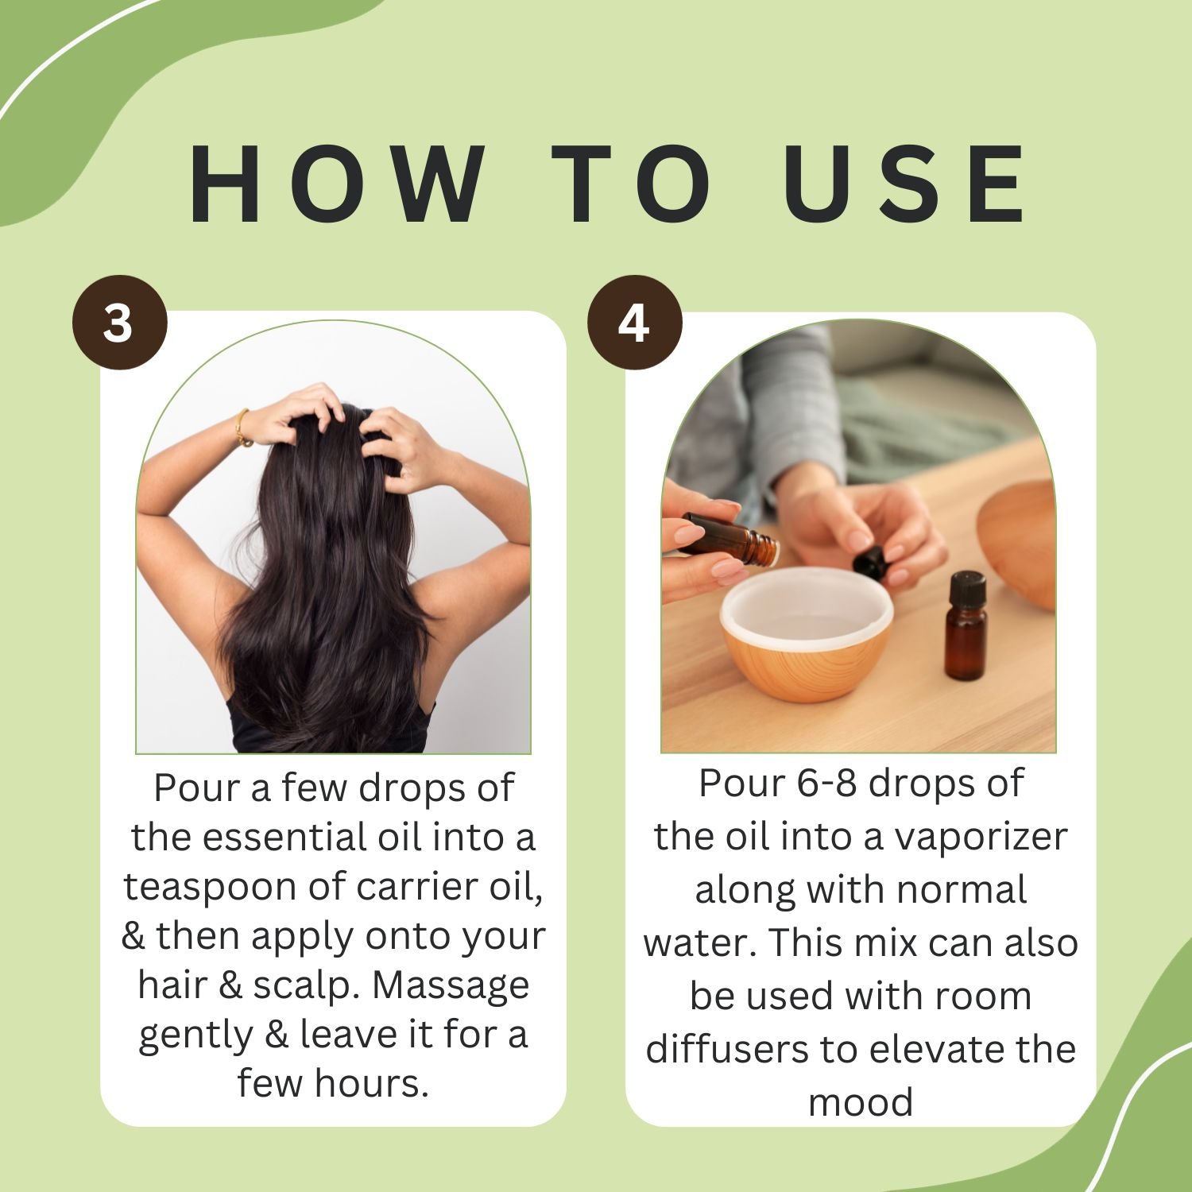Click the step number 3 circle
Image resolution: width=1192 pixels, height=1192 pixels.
pos(120,323)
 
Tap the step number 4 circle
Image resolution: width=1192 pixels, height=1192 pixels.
pos(634,323)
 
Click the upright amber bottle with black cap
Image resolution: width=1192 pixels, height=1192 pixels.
pos(966,625)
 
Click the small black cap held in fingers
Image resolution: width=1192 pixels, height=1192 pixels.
pos(870,561)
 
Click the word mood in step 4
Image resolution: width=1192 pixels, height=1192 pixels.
pos(861,1103)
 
